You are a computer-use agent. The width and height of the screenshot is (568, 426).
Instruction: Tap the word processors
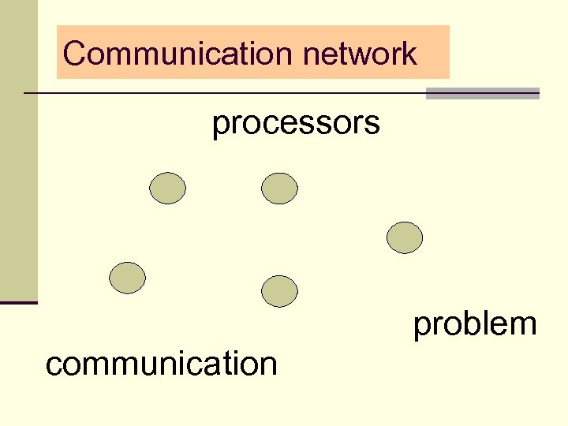coord(296,124)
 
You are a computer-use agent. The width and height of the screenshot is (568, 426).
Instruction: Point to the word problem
coord(475,324)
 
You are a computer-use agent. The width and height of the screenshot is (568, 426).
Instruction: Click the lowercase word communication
coord(162,364)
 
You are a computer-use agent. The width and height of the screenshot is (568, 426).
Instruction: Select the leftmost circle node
coord(127,278)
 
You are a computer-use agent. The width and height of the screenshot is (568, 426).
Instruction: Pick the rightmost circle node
coord(405,237)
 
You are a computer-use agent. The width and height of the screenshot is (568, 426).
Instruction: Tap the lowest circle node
coord(279,291)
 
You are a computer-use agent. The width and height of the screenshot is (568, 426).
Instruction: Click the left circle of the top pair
coord(167,189)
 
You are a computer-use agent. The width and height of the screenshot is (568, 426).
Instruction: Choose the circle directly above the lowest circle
coord(279,189)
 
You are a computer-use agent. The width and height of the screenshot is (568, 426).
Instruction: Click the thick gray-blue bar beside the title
coord(482,93)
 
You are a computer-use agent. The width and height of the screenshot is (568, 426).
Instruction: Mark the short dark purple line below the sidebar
coord(18,303)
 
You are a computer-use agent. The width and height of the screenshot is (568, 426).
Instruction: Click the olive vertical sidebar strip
coord(18,150)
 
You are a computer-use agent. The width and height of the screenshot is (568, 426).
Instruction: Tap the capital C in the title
coord(74,54)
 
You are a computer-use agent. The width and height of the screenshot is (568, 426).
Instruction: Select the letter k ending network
coord(409,54)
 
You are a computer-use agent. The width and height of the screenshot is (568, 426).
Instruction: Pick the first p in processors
coord(220,126)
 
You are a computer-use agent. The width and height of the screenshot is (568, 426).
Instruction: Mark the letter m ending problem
coord(525,325)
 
